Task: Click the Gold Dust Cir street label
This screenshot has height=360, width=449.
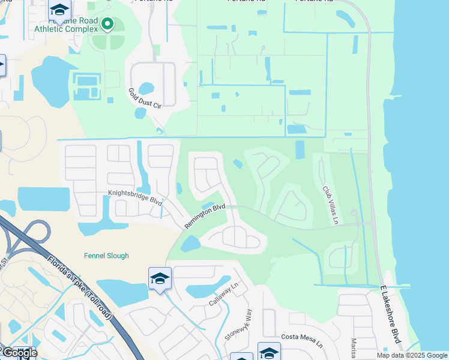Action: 145,98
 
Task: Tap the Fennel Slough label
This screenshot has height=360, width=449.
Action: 105,256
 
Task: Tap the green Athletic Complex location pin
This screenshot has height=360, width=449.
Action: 107,24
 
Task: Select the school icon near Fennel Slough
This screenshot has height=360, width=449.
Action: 160,278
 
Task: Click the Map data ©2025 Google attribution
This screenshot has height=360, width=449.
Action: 411,355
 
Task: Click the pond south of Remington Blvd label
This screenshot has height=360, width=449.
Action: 190,243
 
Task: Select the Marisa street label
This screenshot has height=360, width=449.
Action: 354,347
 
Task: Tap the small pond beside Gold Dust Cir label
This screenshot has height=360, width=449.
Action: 140,113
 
